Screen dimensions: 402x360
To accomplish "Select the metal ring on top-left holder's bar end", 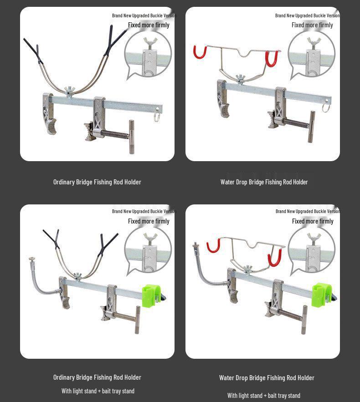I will coord(157,117).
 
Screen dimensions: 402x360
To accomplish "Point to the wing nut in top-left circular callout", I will coord(148,43).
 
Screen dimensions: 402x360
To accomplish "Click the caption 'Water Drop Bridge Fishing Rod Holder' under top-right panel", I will coord(264,182).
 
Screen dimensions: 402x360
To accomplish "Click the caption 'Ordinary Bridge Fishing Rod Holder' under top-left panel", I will coord(97,182).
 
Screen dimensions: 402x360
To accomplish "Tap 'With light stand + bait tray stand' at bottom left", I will coord(98,391).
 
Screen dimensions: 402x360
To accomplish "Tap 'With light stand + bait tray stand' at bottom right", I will coord(264,396).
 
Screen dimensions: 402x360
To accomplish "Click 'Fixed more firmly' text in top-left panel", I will coord(149,25).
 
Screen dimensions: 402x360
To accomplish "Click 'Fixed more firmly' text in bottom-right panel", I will coord(313,221).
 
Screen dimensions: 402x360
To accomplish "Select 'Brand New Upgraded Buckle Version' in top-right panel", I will coord(307,15).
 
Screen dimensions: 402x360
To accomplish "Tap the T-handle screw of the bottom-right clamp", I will coord(304,320).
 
